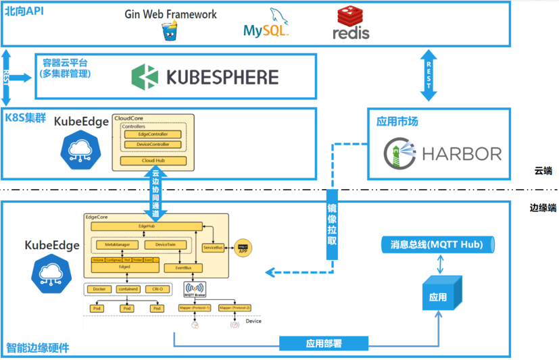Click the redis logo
pos(351,22)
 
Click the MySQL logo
pos(266,24)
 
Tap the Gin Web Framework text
pos(170,14)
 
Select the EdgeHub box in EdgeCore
pos(147,226)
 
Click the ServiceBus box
pos(213,248)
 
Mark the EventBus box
pos(178,268)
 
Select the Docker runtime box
pos(99,289)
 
